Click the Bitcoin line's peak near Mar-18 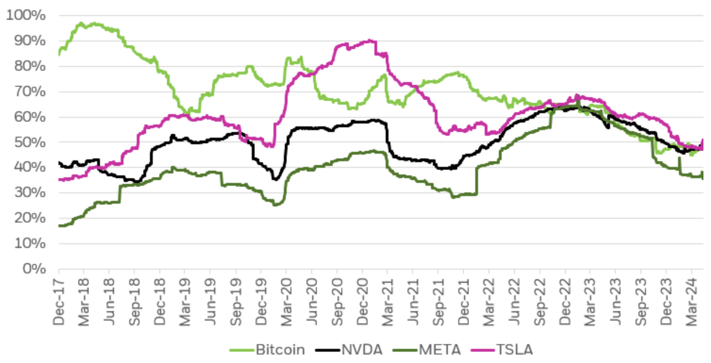tap(81, 23)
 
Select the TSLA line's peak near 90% tap(369, 41)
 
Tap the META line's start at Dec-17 tap(59, 226)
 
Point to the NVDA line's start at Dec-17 tap(59, 163)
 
